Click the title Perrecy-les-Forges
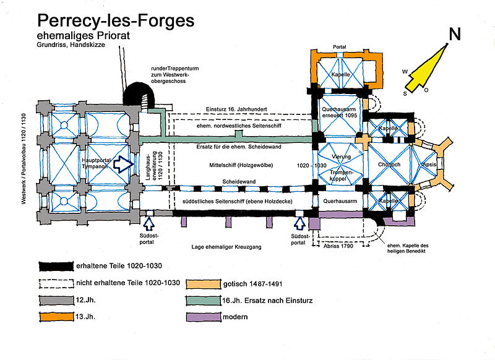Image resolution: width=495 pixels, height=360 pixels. [116, 20]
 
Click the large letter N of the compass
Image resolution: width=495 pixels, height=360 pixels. [455, 35]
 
